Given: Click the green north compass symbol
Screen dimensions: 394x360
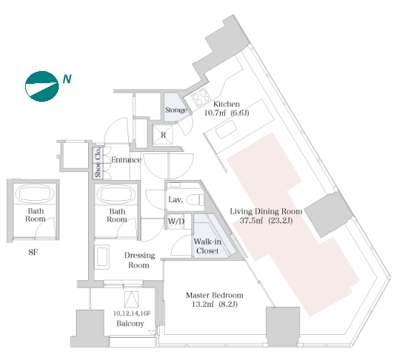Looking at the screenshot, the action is click(x=42, y=86).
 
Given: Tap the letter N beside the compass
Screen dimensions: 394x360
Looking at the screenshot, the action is click(x=67, y=79).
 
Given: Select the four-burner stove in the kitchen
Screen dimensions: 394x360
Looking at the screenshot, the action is click(x=201, y=98).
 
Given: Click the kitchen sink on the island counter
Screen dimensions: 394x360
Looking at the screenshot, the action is click(x=226, y=130).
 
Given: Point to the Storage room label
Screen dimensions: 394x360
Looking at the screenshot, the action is click(x=176, y=110).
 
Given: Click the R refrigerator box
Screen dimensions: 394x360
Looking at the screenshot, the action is click(x=163, y=135).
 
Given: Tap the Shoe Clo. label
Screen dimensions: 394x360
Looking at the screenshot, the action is click(x=98, y=163).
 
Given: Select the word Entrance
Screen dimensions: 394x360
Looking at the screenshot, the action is click(x=126, y=160).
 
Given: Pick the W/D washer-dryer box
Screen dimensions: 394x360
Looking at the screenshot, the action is click(x=176, y=222).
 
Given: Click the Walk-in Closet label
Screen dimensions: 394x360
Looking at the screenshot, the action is click(x=208, y=246).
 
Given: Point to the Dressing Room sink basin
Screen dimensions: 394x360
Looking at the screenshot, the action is click(x=102, y=257).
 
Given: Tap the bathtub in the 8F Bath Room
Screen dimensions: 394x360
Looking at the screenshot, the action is click(x=35, y=194).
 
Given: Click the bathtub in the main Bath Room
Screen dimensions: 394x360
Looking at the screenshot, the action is click(x=116, y=194).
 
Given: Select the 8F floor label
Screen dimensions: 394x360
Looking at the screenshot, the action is click(x=33, y=252).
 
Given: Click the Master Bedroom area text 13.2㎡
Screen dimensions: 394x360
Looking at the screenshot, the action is click(x=203, y=304).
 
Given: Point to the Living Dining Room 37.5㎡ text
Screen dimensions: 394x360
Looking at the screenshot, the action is click(x=251, y=221).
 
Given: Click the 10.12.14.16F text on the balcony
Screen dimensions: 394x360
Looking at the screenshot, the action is click(x=132, y=313).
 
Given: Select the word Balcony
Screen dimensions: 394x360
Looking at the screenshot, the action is click(x=130, y=323).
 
